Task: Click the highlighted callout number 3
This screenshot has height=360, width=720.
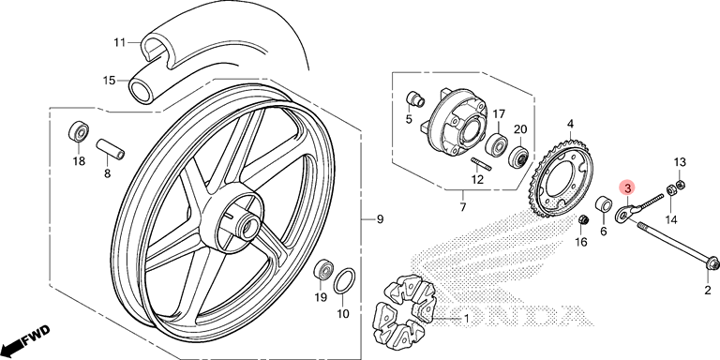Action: click(627, 187)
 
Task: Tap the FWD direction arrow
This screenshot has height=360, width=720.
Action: click(25, 337)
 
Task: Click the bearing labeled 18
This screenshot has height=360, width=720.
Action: click(79, 132)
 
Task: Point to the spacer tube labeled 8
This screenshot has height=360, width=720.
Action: click(110, 148)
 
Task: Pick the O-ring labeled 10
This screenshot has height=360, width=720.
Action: click(343, 281)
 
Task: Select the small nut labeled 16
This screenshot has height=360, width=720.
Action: click(584, 220)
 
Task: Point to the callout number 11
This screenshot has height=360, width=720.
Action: click(120, 43)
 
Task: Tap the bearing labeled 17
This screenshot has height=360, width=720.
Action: click(497, 142)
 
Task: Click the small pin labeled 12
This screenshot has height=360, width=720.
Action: click(482, 163)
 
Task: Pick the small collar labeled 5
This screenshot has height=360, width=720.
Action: click(414, 99)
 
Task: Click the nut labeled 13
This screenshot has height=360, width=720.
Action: click(682, 184)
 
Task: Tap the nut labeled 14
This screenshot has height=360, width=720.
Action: click(671, 189)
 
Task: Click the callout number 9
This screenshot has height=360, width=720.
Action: click(380, 220)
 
